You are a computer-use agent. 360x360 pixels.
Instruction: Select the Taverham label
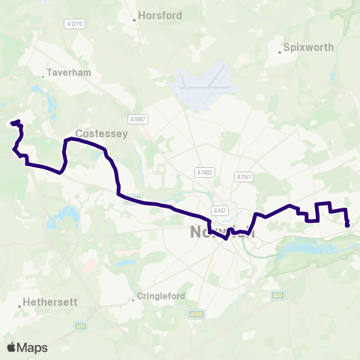point(68,73)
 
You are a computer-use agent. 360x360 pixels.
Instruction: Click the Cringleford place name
point(161,296)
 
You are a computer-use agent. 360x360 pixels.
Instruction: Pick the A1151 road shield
point(242,177)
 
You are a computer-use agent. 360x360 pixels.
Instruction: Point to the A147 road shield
point(219,210)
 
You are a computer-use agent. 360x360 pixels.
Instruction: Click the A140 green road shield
point(196,313)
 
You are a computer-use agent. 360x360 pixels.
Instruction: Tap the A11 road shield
point(80,326)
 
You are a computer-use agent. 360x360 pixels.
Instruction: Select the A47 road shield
point(278,295)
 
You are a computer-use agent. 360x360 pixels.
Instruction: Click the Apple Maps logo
point(27,347)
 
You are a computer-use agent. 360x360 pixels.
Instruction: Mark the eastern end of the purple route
point(347,224)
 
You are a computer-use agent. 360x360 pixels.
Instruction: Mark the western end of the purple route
point(12,122)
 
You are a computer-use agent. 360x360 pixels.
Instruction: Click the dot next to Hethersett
point(19,306)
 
